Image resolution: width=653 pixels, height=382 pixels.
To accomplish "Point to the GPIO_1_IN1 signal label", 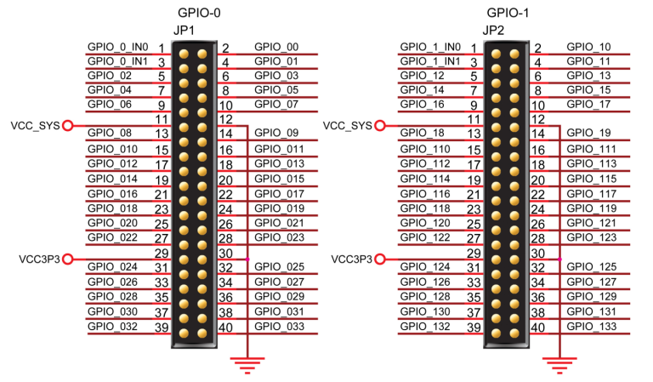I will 430,61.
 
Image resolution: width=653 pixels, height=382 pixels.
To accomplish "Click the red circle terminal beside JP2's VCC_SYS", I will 380,126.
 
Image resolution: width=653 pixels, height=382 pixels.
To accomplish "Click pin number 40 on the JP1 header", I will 227,328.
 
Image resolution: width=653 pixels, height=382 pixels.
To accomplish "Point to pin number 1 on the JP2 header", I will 473,48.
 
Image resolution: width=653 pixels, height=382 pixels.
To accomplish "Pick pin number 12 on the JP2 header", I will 537,118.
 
